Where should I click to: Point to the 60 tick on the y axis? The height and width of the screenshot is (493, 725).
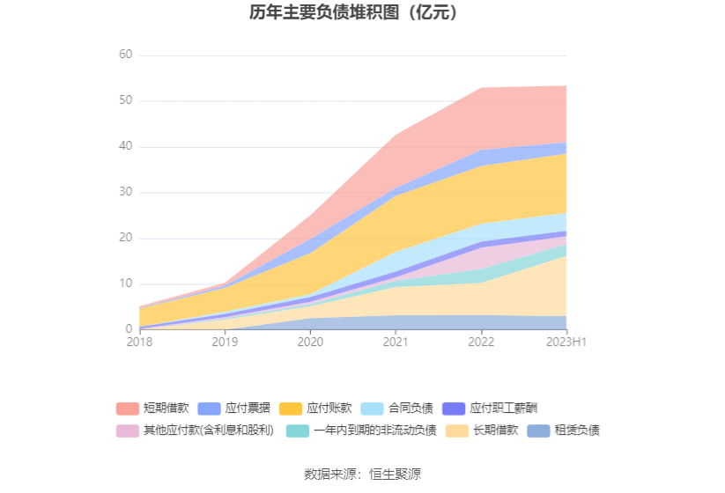pos(125,55)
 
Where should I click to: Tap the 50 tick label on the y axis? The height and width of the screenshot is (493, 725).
pos(125,100)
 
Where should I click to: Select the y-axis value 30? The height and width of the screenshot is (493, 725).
pos(125,192)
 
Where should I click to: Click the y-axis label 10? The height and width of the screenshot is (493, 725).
pos(125,283)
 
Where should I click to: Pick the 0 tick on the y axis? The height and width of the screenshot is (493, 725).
pos(129,329)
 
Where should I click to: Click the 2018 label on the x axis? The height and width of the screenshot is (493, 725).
pos(139,342)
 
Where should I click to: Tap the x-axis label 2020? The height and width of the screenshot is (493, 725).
pos(310,342)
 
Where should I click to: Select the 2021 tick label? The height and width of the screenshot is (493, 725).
pos(396,342)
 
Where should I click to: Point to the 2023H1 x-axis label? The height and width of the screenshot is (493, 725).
pos(566,342)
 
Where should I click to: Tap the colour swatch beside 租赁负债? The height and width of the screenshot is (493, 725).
pos(538,430)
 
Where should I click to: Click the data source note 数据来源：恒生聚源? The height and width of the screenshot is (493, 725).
pos(362,474)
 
